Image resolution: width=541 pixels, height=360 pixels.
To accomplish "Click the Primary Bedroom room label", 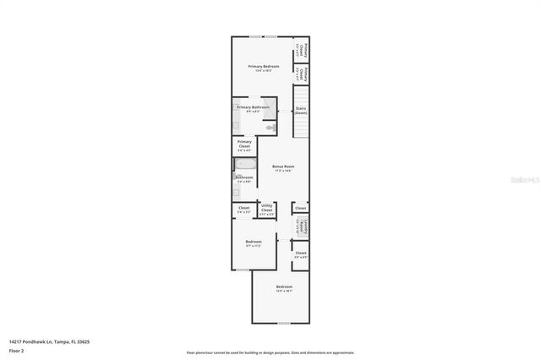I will tap(263, 66).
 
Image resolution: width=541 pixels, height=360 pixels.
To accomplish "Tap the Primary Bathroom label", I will tap(253, 107).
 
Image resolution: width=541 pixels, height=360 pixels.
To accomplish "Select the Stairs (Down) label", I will tap(300, 111).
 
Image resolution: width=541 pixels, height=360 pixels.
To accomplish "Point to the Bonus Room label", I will tap(283, 166).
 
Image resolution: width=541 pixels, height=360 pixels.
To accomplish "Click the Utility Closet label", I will tap(266, 208).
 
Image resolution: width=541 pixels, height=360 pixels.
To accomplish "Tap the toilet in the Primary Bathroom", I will tap(270, 127).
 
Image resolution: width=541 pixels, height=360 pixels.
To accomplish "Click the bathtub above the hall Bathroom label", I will tap(244, 165).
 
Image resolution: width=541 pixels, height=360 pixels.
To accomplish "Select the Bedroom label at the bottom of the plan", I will tap(284, 287).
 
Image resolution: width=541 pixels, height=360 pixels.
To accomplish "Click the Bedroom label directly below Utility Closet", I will tap(254, 242).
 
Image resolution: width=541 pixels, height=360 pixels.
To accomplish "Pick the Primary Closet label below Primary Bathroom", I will tap(244, 144).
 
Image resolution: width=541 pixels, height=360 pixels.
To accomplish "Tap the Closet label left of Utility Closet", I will tap(243, 208).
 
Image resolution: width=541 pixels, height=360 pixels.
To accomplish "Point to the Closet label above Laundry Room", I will tap(300, 207).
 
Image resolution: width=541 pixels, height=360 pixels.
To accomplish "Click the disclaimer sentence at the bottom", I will tap(270, 352).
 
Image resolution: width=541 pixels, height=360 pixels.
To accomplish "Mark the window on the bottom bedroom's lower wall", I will tap(284, 323).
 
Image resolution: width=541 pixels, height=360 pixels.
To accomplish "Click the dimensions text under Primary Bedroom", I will tap(263, 71).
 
